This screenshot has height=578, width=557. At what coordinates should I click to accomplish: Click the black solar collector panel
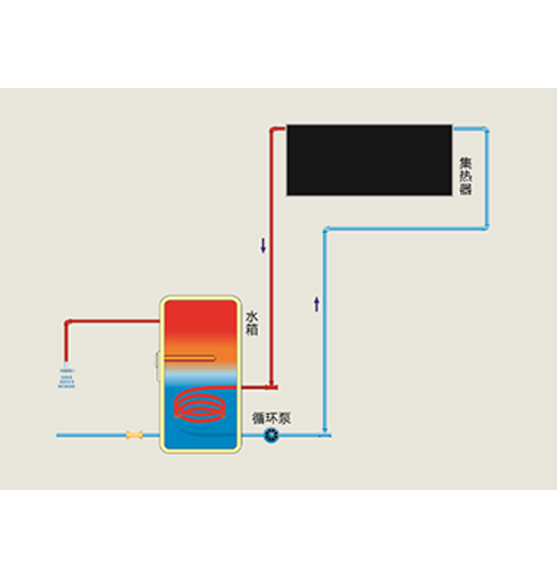(370, 160)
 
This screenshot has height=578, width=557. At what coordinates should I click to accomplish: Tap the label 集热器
(465, 176)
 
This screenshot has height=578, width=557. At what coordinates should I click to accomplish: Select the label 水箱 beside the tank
(252, 323)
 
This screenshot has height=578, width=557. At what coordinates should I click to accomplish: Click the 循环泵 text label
(271, 418)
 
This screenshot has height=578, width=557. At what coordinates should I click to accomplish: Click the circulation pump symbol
(271, 436)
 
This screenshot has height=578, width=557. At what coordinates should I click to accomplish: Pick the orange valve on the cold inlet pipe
(135, 435)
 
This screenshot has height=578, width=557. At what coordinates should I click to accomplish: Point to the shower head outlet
(66, 376)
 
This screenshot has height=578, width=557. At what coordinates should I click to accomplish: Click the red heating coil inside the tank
(199, 406)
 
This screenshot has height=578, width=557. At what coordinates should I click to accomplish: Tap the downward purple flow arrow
(263, 245)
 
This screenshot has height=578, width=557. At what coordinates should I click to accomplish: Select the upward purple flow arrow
(316, 304)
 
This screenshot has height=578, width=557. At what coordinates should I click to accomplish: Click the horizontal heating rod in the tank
(190, 358)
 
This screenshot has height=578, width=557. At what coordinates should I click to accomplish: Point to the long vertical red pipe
(271, 258)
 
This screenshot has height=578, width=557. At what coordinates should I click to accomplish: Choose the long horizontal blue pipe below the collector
(406, 229)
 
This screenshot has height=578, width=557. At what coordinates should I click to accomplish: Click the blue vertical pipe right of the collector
(487, 178)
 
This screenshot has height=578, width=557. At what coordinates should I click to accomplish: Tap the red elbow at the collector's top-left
(273, 130)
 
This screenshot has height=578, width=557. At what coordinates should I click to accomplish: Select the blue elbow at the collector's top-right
(486, 130)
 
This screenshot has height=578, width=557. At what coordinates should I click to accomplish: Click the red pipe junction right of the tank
(271, 387)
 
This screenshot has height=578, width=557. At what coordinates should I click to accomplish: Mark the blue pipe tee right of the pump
(325, 435)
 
